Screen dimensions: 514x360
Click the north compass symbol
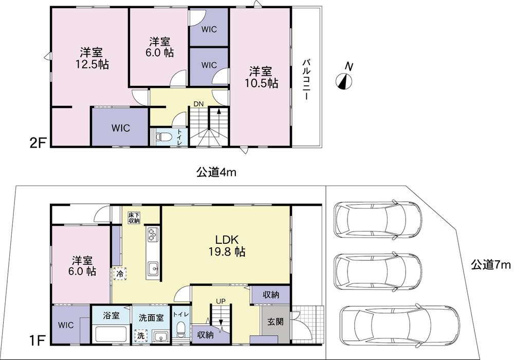[x=344, y=81]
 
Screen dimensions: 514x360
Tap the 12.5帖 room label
[x=92, y=58]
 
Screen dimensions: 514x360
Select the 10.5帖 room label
[x=261, y=77]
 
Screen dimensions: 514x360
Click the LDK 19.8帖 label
[x=227, y=245]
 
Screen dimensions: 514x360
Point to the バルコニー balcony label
[x=306, y=79]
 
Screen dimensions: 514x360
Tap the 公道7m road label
[x=491, y=264]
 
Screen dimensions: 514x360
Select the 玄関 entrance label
[x=275, y=321]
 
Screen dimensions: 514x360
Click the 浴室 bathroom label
[x=111, y=315]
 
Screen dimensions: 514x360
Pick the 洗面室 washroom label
[x=151, y=317]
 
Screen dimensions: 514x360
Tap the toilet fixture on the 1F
[x=180, y=329]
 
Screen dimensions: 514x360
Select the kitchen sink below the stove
[x=153, y=269]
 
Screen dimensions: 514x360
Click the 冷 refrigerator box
[x=120, y=274]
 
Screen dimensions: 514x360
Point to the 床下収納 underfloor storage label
[x=134, y=218]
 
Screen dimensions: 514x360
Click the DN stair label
[x=198, y=104]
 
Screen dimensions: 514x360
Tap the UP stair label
[x=221, y=301]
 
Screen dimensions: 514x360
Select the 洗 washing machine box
[x=141, y=335]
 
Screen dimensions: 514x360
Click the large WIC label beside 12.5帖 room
[x=121, y=128]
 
